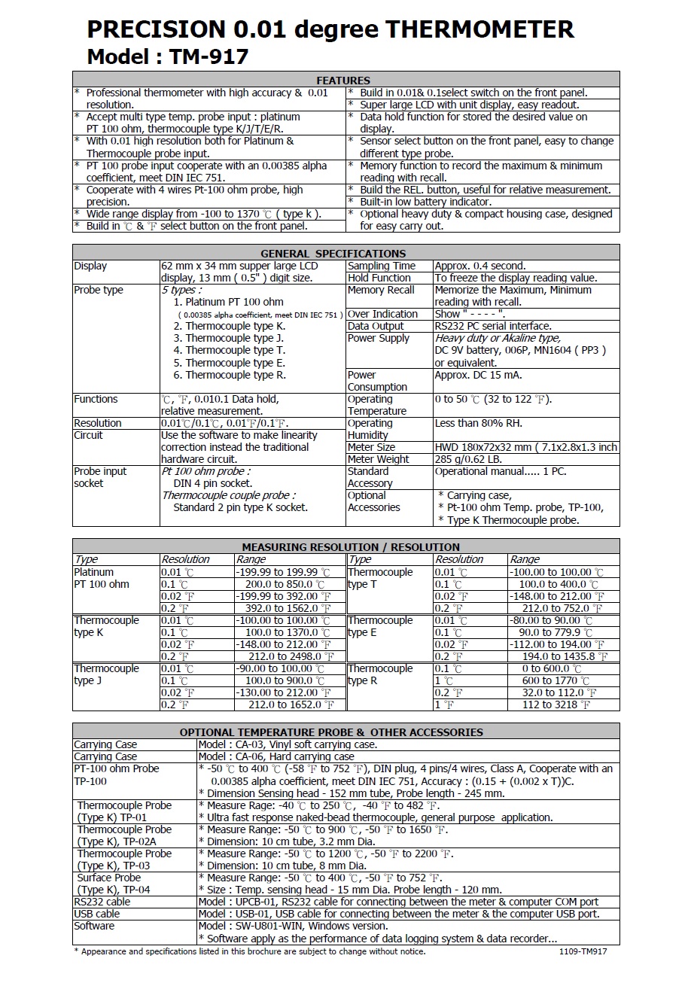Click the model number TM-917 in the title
[x=209, y=56]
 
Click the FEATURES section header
[x=343, y=80]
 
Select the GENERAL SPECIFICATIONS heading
[x=333, y=253]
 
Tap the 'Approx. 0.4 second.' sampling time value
[x=480, y=266]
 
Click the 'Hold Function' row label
[x=379, y=278]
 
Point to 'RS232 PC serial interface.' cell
[x=493, y=326]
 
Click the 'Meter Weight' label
[x=378, y=459]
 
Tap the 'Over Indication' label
[x=382, y=314]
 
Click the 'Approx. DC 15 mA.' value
[x=478, y=375]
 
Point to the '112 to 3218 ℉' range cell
[x=556, y=704]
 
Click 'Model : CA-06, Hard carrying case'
[x=276, y=756]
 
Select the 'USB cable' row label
[x=96, y=914]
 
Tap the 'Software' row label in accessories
[x=94, y=926]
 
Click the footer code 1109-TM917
[x=583, y=951]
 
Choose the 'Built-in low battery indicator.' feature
[x=425, y=202]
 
